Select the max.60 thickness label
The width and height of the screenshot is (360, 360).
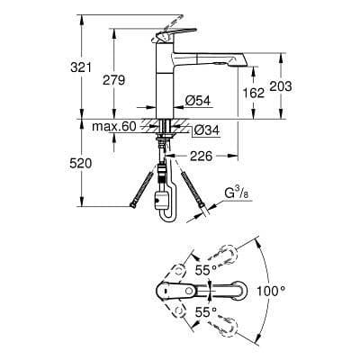114,127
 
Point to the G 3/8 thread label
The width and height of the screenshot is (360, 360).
237,192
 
